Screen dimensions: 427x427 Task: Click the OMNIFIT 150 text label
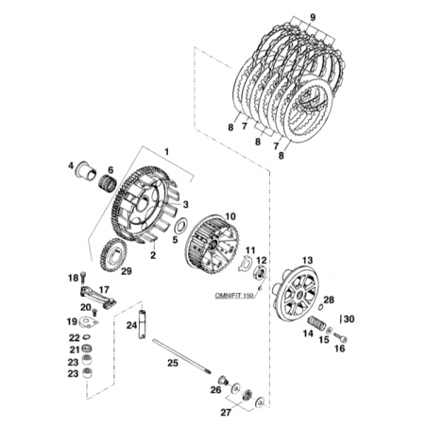[x=234, y=296]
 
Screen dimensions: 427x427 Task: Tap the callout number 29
[x=127, y=271]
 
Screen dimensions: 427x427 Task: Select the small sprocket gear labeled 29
[x=111, y=256]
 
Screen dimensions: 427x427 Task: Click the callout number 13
[x=307, y=261]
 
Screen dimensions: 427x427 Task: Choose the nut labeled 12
[x=261, y=272]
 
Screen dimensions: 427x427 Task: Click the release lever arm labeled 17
[x=96, y=297]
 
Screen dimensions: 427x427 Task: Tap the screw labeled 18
[x=83, y=276]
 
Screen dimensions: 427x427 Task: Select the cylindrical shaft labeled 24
[x=142, y=325]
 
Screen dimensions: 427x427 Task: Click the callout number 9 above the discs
[x=313, y=17]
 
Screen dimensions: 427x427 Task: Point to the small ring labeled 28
[x=320, y=306]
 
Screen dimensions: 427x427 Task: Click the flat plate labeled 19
[x=89, y=322]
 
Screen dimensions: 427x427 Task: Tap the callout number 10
[x=231, y=216]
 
